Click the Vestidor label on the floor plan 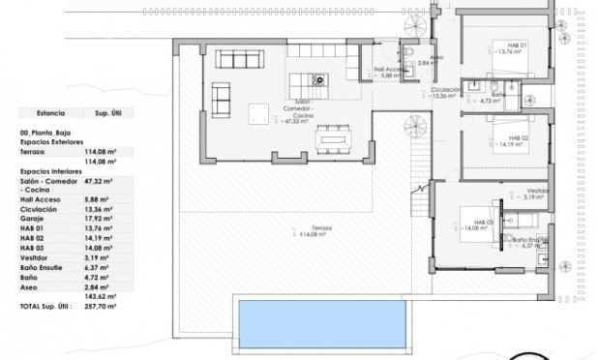pos(538,191)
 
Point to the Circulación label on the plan pos(445,90)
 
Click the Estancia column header pos(47,112)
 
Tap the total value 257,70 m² pos(101,305)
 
